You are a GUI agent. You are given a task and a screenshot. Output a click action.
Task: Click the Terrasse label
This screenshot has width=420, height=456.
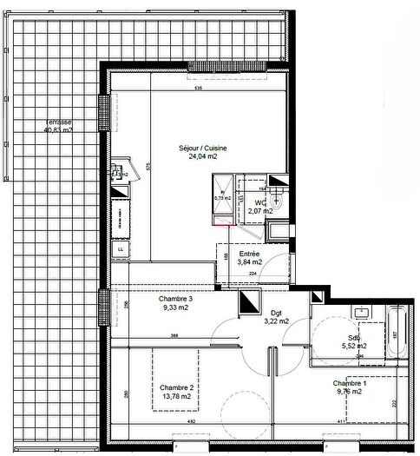tap(58, 122)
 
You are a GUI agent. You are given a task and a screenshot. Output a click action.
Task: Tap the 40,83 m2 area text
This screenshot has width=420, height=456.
tap(58, 130)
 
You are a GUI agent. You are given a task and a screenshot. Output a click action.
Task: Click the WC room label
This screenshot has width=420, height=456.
tap(260, 202)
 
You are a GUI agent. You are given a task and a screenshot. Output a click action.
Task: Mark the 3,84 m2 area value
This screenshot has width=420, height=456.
tap(250, 261)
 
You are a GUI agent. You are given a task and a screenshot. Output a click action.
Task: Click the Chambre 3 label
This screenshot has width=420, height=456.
tap(175, 299)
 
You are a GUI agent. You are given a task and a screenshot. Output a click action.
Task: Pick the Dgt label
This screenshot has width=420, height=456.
tap(276, 312)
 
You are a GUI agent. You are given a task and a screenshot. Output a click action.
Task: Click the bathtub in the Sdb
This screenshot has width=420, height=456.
tap(398, 331)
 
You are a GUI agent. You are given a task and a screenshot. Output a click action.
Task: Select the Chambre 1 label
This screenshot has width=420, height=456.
tap(349, 383)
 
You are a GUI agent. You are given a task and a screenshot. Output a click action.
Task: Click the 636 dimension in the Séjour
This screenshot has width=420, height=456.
tap(198, 89)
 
